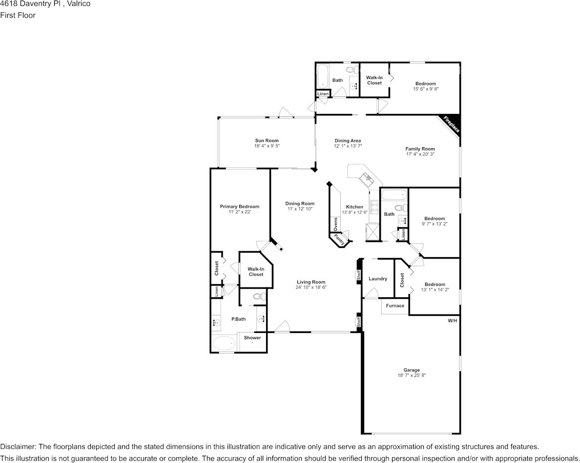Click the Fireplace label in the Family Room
coord(451,124)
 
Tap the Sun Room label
coord(267,141)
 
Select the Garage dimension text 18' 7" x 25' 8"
coord(412,375)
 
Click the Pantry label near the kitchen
coord(340,240)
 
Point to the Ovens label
coord(335,224)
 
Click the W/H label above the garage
coord(452,321)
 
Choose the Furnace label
coord(395,306)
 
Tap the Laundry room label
coord(378,279)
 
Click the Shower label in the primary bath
coord(252,338)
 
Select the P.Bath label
coord(238,319)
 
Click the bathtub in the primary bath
coord(224,343)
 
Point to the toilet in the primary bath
coord(259,296)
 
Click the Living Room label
coord(311,282)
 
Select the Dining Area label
coord(348,141)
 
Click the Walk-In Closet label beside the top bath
coord(374,80)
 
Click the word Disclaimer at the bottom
coord(18,447)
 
